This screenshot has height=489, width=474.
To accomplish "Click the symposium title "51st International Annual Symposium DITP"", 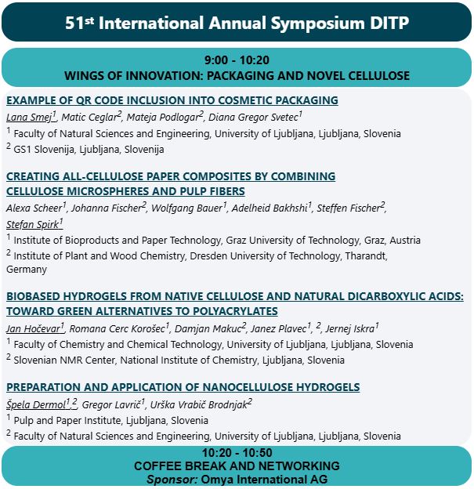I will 237,22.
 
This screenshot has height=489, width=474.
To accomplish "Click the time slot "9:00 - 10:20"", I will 237,60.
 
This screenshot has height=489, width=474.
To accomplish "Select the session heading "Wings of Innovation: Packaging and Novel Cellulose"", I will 237,76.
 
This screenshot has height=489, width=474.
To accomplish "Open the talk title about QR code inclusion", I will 172,100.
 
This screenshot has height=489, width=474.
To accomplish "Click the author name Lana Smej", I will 29,118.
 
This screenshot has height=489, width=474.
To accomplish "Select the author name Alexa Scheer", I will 34,208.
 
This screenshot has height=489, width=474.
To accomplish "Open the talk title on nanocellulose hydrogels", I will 183,387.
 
